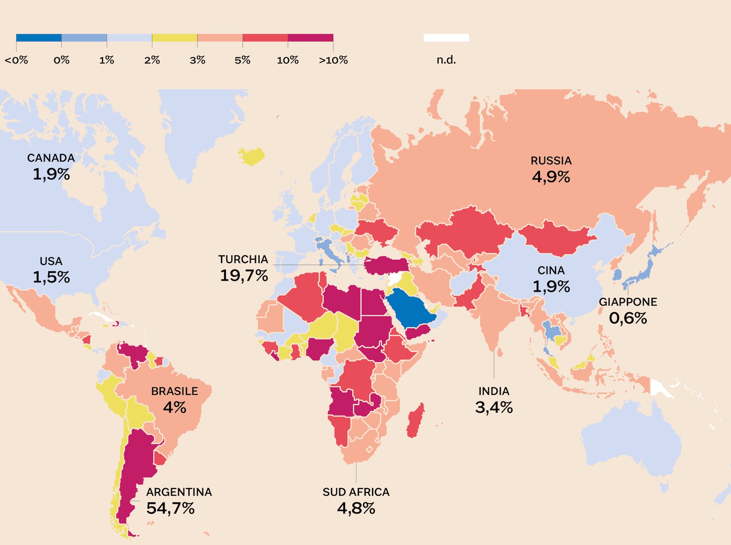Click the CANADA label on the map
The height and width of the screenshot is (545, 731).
point(51,158)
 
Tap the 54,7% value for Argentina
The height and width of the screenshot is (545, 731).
point(170,508)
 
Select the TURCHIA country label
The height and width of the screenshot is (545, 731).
point(243,259)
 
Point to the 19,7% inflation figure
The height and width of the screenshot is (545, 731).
point(244,275)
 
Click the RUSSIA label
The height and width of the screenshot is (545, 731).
point(551,161)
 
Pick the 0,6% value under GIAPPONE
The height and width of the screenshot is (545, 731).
point(628,318)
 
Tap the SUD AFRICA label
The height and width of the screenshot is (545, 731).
point(356,492)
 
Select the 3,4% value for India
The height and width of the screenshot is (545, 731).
point(494,407)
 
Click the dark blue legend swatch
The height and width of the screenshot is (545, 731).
point(39,38)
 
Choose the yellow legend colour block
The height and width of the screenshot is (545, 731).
point(175,38)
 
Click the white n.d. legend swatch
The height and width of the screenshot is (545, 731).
point(446,38)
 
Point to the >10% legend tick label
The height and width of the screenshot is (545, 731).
point(333,60)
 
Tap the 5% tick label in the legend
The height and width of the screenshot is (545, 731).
point(242,60)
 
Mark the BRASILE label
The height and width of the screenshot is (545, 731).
point(175,391)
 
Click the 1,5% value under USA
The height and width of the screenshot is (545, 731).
point(51,277)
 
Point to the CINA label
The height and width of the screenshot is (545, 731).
point(551,271)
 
